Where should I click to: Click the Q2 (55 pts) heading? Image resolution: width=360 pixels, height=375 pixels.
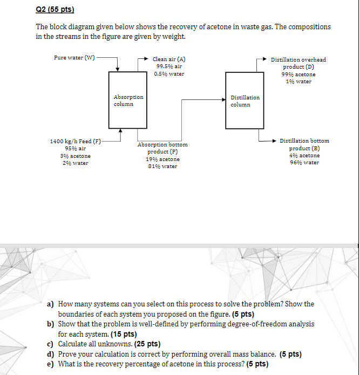[x=55, y=10]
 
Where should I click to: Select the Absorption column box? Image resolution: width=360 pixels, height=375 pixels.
[x=124, y=101]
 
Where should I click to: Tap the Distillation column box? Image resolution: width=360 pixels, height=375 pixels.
[x=245, y=101]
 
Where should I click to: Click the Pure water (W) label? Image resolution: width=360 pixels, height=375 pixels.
[x=75, y=57]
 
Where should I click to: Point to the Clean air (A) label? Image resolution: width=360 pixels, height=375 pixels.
[x=169, y=59]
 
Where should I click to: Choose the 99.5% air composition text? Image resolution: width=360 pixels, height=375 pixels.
[x=168, y=66]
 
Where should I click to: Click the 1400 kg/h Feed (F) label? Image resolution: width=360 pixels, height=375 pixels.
[x=76, y=141]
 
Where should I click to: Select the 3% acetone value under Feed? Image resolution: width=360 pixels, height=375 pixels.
[x=75, y=156]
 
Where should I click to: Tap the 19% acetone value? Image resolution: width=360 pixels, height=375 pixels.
[x=162, y=159]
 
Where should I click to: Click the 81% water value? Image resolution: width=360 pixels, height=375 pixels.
[x=162, y=166]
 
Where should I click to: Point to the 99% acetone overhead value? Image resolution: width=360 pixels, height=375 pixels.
[x=298, y=75]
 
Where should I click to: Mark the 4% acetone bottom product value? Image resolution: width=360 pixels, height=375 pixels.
[x=304, y=156]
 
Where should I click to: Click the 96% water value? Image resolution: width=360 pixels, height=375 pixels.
[x=304, y=163]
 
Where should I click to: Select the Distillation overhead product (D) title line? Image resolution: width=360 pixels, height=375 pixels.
[x=298, y=59]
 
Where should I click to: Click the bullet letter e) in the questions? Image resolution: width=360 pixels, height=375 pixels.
[x=50, y=364]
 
